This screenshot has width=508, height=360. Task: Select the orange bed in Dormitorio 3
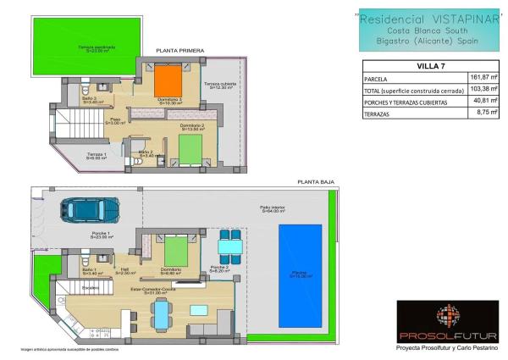tap(165, 82)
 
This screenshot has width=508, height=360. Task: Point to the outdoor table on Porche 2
tap(227, 246)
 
